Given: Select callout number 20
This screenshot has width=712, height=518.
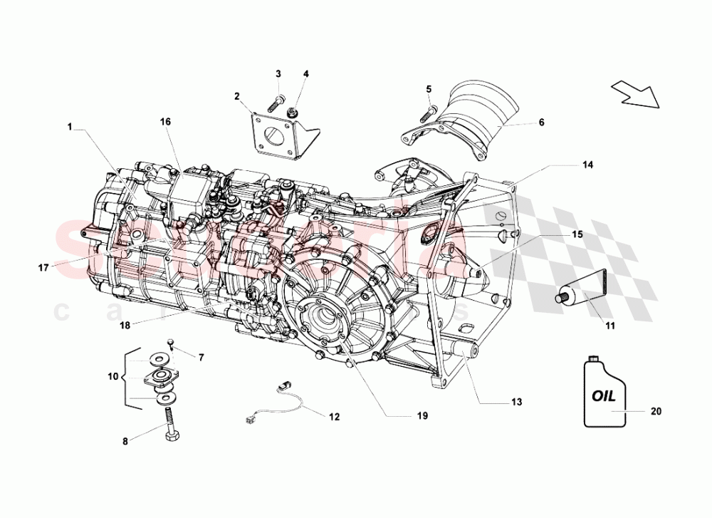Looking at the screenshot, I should click(656, 411).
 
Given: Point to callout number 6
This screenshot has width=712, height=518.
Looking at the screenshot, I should click(541, 123).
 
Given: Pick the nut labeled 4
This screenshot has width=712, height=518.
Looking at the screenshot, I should click(292, 112).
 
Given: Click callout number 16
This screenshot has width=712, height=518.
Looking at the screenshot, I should click(165, 122).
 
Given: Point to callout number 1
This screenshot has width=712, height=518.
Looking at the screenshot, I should click(70, 127).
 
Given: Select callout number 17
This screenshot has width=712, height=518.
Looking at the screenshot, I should click(43, 269).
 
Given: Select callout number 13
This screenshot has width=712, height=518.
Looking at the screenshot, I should click(516, 403).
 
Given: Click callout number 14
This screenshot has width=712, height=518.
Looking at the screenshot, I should click(587, 164).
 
